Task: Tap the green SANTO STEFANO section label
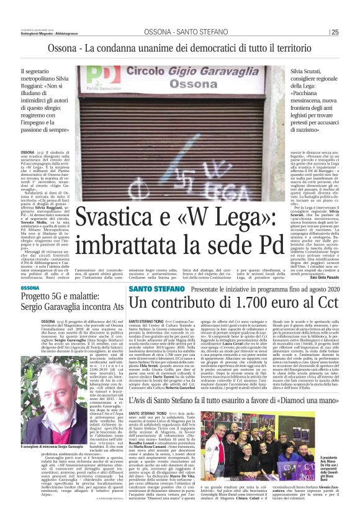point(151,288)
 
